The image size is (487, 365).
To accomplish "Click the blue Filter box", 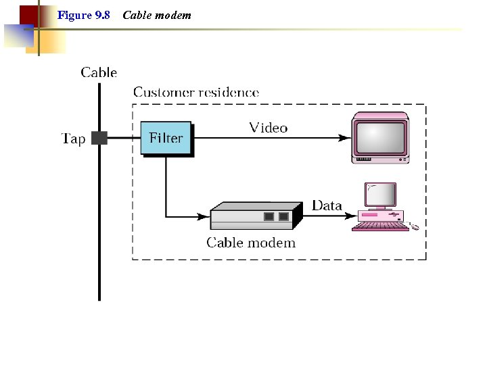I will coord(166,138).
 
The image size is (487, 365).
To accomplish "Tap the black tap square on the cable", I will coord(99,138).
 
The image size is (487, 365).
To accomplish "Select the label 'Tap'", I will coord(74,139).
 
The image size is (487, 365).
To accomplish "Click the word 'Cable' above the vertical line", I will coord(99,72).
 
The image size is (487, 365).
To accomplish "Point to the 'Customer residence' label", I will coord(195,92).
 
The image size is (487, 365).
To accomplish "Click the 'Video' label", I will coord(268,128).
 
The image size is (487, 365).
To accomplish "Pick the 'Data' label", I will coord(327,205).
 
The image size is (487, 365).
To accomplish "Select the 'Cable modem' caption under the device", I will coord(251,243).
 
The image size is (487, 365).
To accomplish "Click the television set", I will coord(380,138).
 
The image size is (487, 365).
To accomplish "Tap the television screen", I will coord(379,135).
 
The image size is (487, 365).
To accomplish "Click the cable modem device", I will coord(255,216).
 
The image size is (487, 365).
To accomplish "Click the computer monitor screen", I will coord(381,195).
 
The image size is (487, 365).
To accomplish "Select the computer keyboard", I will coord(380,227).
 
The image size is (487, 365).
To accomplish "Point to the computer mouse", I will coord(415,226).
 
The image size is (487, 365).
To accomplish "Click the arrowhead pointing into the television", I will coord(345,138).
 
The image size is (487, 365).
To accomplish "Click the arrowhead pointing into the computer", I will coord(352,216).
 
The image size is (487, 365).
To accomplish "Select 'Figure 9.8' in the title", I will coord(84,15).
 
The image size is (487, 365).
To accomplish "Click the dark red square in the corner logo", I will coord(28,14).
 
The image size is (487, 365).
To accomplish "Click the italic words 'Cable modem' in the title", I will coord(157,15).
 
